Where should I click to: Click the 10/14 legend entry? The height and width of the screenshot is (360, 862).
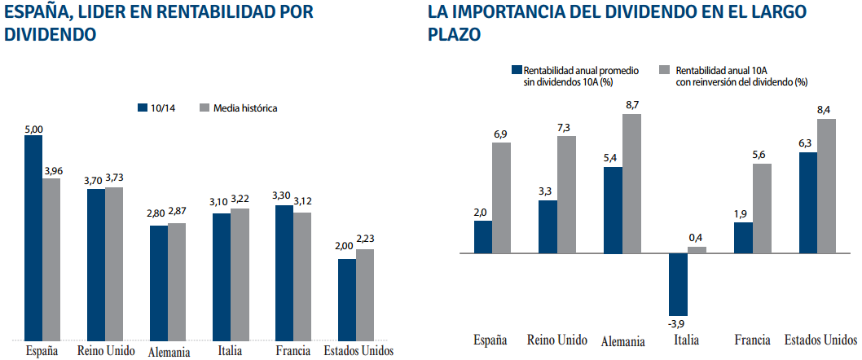coord(156,108)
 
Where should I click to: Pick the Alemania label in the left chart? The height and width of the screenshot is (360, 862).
coord(169,352)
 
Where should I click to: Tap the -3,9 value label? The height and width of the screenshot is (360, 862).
coord(677,322)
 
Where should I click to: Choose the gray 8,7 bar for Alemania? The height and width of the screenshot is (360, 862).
coord(632,183)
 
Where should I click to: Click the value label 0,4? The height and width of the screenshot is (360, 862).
coord(696,238)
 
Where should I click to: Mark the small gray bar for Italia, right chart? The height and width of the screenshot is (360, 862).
coord(697,249)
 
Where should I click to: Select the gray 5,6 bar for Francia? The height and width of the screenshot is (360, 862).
coord(762,208)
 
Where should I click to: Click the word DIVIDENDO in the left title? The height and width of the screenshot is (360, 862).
coord(49,35)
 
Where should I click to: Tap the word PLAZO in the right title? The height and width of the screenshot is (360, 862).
coord(454,35)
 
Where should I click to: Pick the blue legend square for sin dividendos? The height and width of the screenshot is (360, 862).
coord(516,70)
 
